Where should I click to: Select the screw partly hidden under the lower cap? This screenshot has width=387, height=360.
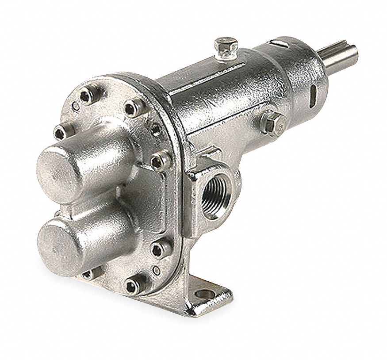87,273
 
